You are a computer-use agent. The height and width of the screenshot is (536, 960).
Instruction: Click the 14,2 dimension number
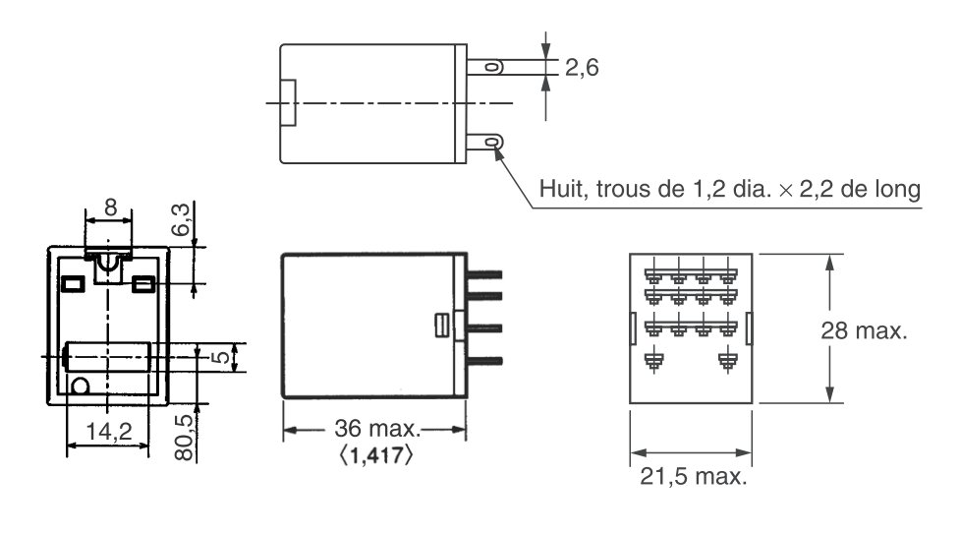pyautogui.click(x=107, y=430)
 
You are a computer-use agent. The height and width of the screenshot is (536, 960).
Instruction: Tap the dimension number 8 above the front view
pyautogui.click(x=109, y=208)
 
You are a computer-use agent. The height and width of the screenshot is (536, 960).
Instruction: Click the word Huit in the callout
pyautogui.click(x=559, y=189)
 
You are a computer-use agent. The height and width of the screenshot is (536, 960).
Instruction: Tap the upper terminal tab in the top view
pyautogui.click(x=485, y=67)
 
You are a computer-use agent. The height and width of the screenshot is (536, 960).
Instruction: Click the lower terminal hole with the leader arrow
pyautogui.click(x=491, y=143)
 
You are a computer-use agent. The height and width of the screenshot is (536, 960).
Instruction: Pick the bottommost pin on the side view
pyautogui.click(x=485, y=361)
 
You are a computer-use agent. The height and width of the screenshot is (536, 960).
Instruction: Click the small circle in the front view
pyautogui.click(x=82, y=386)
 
